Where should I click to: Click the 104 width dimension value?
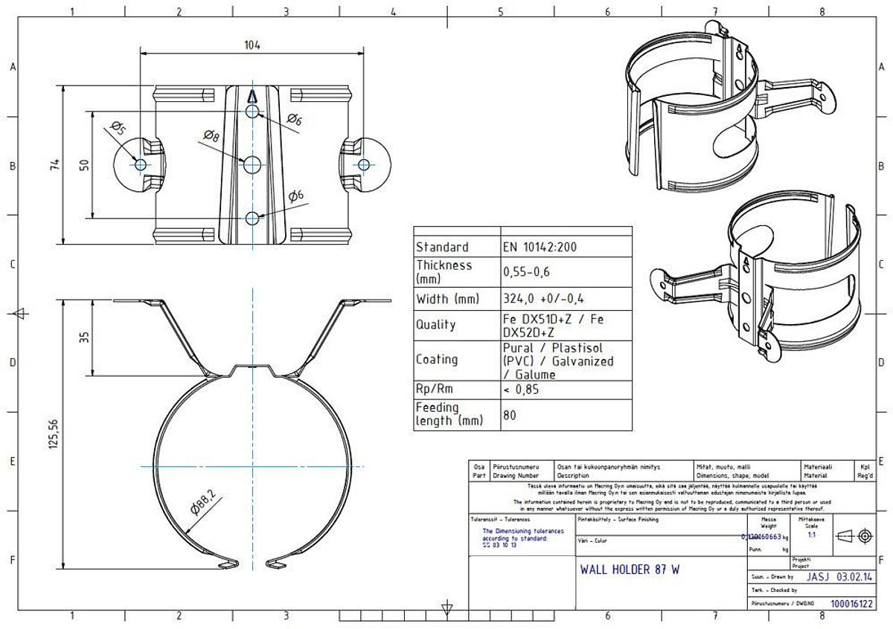[252, 45]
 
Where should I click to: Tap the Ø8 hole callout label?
[210, 135]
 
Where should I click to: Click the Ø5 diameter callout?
[118, 129]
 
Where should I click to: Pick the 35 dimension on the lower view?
[84, 337]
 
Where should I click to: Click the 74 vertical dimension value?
[54, 165]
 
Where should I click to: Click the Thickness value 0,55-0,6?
[526, 272]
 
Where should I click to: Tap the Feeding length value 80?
[510, 415]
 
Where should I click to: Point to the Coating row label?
[437, 359]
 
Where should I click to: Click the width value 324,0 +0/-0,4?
[543, 298]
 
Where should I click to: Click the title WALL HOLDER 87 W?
[629, 570]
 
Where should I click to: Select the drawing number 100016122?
[851, 604]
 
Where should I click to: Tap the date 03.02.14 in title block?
[854, 576]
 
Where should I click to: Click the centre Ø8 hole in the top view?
[253, 164]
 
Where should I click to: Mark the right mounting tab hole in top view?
[363, 164]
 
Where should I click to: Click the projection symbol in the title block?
[852, 536]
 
